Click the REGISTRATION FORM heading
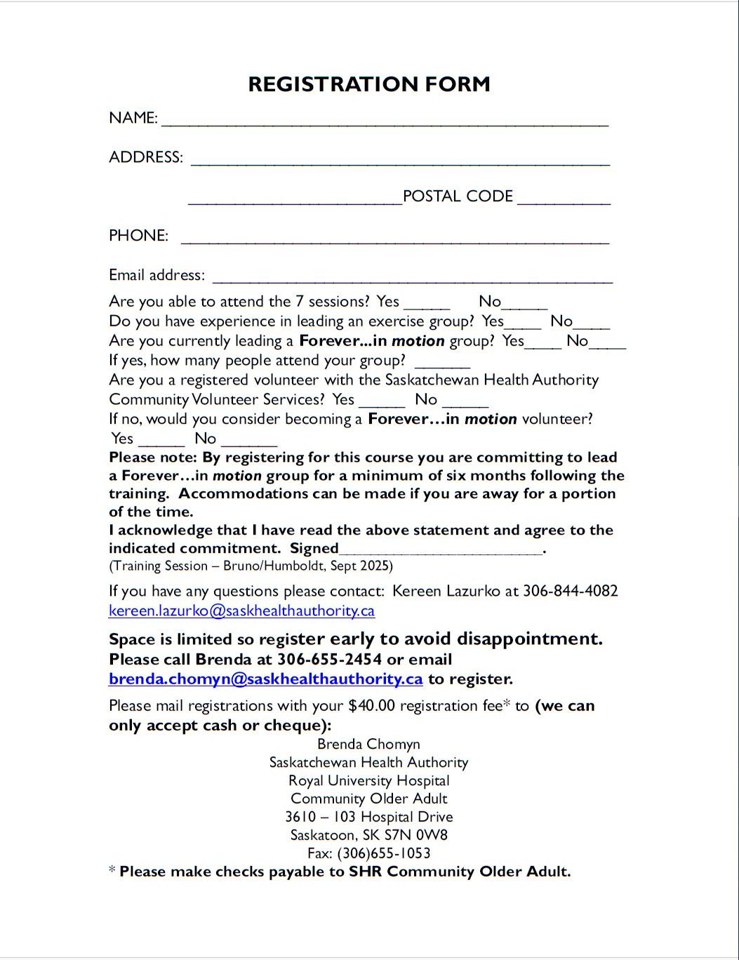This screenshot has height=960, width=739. tap(369, 84)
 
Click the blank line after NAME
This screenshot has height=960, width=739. tap(385, 121)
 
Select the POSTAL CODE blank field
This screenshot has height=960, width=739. tap(564, 199)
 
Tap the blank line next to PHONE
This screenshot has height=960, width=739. tap(394, 239)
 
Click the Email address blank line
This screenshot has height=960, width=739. tap(412, 278)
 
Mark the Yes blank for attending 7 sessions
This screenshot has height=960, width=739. tap(427, 305)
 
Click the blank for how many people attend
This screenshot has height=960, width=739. tap(442, 364)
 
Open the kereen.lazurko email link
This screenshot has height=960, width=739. tap(241, 611)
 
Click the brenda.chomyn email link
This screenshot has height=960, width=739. tap(265, 679)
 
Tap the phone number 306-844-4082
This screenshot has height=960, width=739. tap(571, 591)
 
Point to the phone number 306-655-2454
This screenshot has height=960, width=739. tap(329, 660)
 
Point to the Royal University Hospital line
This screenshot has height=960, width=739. tap(368, 780)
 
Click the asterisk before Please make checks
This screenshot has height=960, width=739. tap(112, 872)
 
